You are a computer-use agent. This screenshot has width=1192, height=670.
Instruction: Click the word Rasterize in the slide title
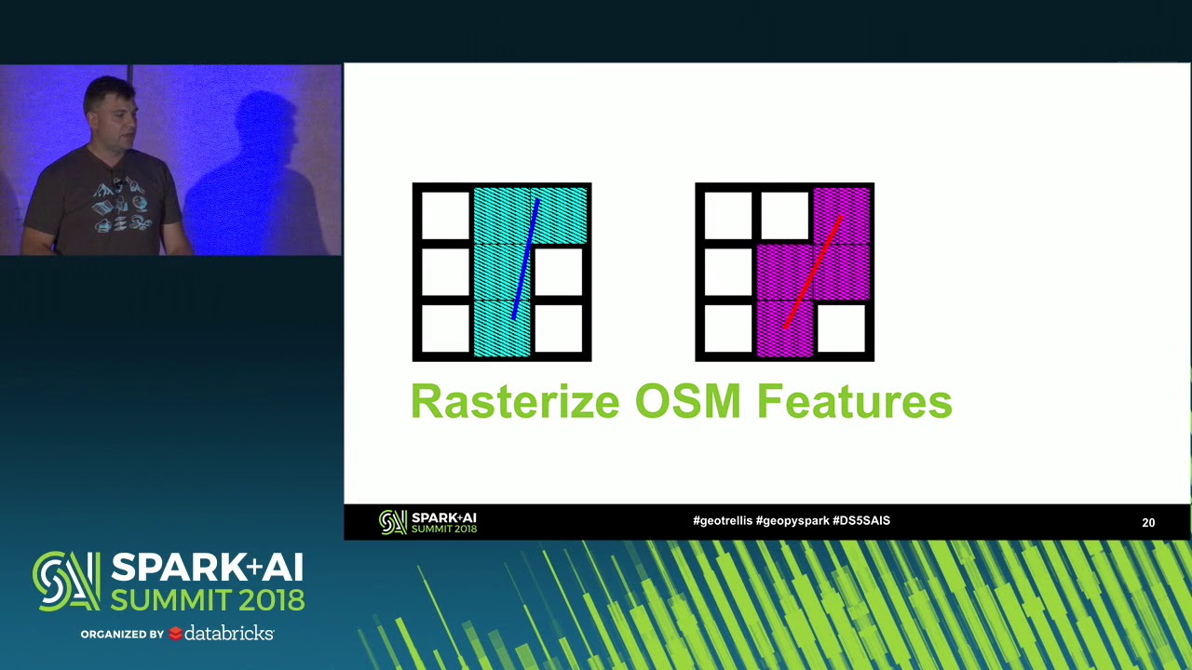click(x=514, y=402)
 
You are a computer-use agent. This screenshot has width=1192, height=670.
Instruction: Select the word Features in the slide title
click(x=854, y=402)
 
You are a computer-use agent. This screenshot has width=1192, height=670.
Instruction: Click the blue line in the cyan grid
click(x=525, y=261)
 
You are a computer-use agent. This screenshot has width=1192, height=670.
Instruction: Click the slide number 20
click(x=1148, y=523)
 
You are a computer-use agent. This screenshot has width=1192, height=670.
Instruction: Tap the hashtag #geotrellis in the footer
click(x=723, y=521)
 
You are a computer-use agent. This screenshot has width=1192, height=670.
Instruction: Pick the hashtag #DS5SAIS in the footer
click(x=861, y=521)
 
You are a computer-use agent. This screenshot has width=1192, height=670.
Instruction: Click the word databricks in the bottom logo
click(x=229, y=634)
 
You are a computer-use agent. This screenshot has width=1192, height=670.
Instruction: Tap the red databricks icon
click(x=175, y=635)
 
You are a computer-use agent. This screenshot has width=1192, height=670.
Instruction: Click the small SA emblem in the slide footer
click(x=393, y=523)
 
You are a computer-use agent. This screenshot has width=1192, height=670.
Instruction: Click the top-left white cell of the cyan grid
click(x=445, y=215)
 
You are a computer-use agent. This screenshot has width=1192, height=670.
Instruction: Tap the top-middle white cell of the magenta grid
click(x=784, y=215)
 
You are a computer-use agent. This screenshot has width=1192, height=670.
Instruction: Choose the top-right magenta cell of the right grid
click(x=842, y=214)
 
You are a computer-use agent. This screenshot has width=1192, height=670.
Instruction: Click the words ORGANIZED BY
click(x=122, y=635)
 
